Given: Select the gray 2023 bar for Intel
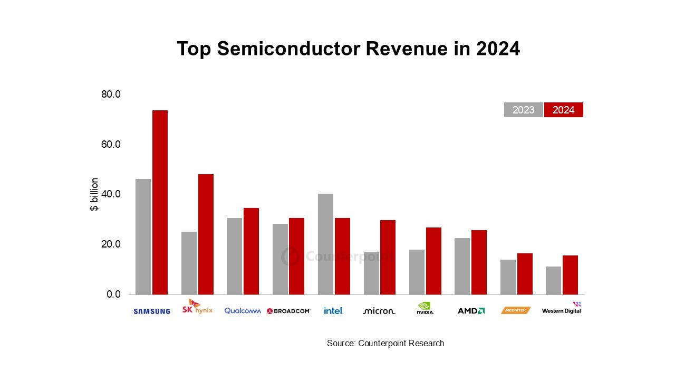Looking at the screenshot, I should tap(325, 244).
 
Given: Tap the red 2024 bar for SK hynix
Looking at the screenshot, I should tap(206, 234).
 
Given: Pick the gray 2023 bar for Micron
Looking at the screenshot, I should tap(371, 273).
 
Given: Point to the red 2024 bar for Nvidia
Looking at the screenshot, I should tap(433, 261).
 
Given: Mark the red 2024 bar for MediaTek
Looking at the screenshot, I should tap(525, 274).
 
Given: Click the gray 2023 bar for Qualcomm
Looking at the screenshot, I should tap(234, 256).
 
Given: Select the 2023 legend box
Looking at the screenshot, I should tap(523, 110).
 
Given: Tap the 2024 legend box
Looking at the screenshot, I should tap(563, 110).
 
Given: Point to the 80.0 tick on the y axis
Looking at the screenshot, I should tap(111, 94).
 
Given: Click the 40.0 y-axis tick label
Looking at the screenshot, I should tap(111, 194).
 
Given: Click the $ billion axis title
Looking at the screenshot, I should tap(94, 194).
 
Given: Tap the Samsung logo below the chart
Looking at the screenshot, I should tap(152, 311).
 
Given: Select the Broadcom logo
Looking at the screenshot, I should tap(288, 311).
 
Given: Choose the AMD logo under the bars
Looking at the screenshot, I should tap(471, 311).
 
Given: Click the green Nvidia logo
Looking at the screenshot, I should tap(425, 308).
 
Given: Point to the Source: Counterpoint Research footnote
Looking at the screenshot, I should tap(385, 343).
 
